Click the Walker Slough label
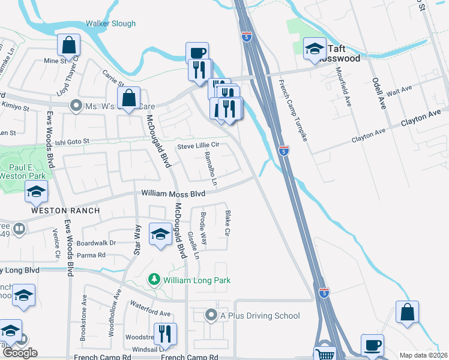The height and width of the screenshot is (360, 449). pos(110,24)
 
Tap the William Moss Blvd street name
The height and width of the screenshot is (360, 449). pos(173,194)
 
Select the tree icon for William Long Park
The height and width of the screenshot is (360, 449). pos(154,280)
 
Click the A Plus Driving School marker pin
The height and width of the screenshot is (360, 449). pos(211,315)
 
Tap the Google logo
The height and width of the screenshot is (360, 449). pos(20,353)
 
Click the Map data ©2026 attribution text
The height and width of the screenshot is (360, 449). pos(424,355)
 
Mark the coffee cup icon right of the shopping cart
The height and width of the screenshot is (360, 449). pos(372,345)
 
